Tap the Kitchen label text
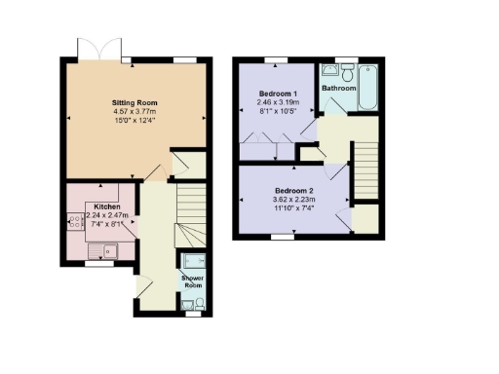coord(107,207)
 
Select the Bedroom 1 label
coord(278,93)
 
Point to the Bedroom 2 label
coord(291,190)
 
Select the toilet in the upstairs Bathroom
coord(347,71)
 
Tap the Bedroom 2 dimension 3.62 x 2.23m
coord(291,200)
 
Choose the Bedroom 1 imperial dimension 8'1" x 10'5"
coord(278,111)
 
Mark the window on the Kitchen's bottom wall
coord(96,262)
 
